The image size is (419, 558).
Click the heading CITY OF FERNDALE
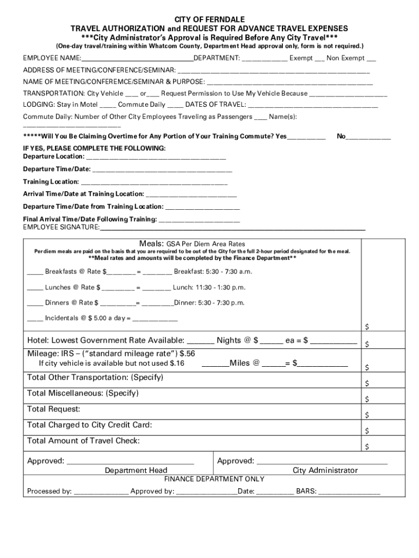pyautogui.click(x=209, y=19)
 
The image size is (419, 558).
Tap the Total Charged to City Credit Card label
pyautogui.click(x=90, y=425)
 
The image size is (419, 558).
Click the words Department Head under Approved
pyautogui.click(x=136, y=470)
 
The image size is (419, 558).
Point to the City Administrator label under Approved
pyautogui.click(x=325, y=470)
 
